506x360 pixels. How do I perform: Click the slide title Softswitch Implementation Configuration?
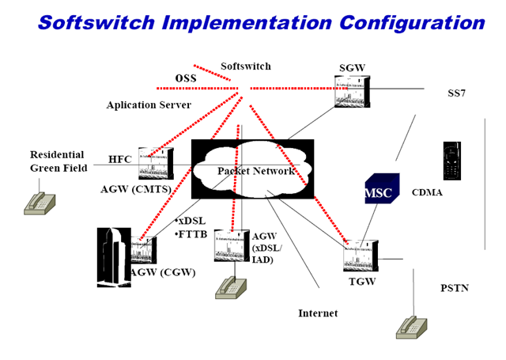coord(261,21)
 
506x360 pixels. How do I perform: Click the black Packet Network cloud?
coord(252,169)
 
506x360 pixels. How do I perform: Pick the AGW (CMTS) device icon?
coord(155,164)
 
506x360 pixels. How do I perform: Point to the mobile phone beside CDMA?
coord(451,161)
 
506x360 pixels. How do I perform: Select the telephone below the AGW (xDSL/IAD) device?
coord(230,286)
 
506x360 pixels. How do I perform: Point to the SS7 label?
coord(456,93)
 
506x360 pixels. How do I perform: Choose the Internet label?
coord(318,313)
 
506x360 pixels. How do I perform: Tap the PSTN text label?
coord(454,288)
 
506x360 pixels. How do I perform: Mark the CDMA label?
coord(427,192)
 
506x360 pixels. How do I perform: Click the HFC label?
coord(120,159)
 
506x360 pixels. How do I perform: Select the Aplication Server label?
coord(149,105)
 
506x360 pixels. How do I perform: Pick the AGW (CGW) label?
coord(163,273)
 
